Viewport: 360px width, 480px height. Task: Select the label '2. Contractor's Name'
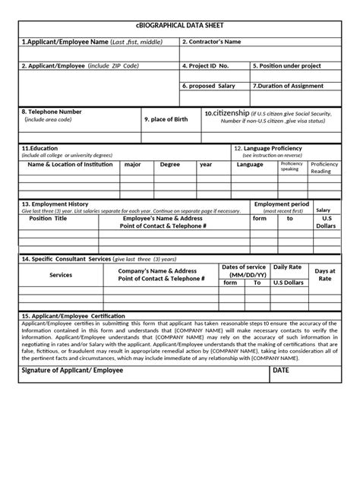(215, 42)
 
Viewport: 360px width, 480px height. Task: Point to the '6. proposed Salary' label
(209, 86)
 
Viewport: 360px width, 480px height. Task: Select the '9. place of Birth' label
(168, 119)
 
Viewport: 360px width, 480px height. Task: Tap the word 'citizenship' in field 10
(235, 112)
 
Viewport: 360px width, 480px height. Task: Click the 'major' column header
(133, 164)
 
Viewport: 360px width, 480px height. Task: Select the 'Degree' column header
(170, 164)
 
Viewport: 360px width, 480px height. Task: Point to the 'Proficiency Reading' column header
(325, 167)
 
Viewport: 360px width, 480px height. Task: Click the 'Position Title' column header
(48, 218)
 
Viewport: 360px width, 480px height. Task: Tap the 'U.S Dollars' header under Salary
(325, 222)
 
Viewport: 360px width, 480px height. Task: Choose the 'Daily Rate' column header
(288, 267)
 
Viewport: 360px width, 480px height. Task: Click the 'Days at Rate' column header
(325, 275)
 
